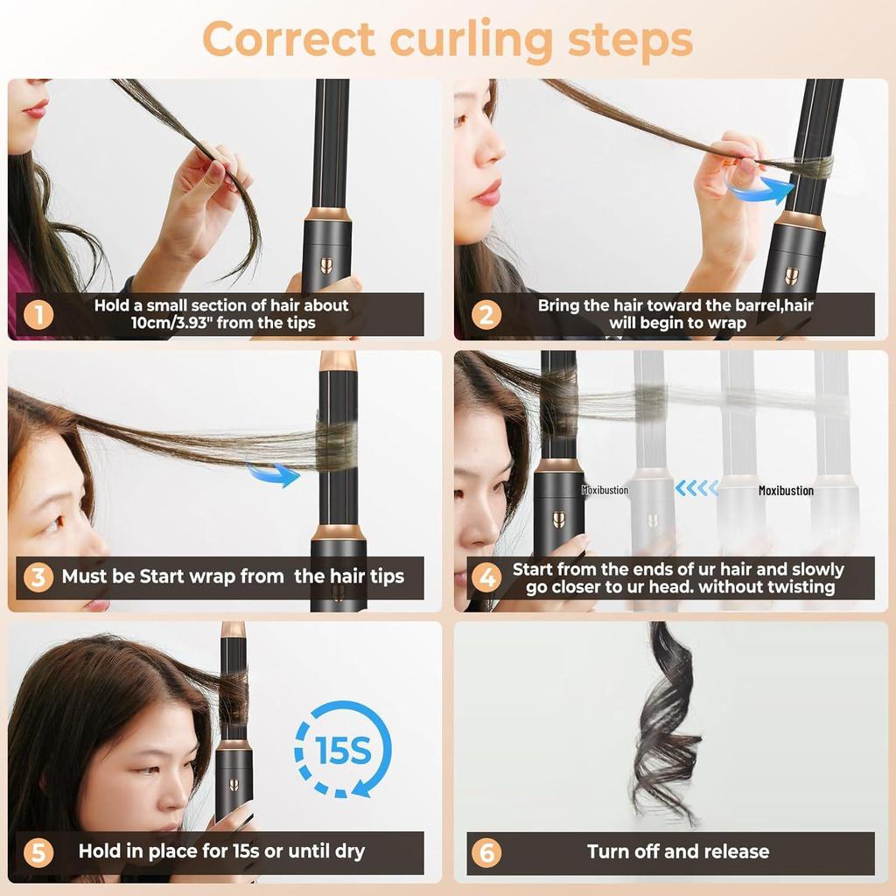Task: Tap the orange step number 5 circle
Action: coord(38,851)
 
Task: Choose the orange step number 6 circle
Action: coord(486,851)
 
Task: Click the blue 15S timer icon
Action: coord(342,749)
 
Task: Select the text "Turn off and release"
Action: coord(678,851)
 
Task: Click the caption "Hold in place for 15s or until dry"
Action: coord(221,851)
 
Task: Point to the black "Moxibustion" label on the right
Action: coord(786,491)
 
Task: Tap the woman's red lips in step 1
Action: coord(36,109)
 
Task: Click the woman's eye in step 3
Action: coord(53,522)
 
